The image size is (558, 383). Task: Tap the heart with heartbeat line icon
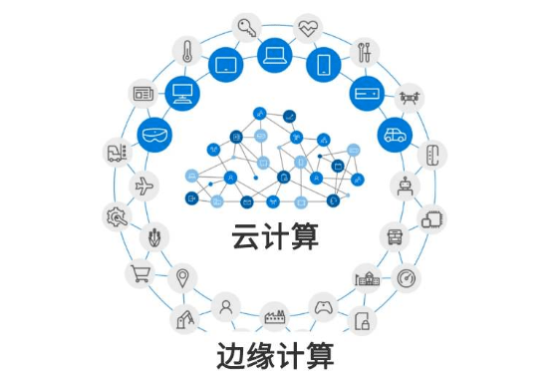point(309,26)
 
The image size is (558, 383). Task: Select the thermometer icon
point(186,50)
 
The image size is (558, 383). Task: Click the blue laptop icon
point(274,55)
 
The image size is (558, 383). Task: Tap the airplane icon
point(144,186)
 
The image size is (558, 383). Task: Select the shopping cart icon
point(138,272)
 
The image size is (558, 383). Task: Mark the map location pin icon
point(182,276)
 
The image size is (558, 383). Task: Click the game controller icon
point(323,305)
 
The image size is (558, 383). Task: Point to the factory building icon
point(273,316)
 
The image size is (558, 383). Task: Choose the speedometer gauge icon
point(408,276)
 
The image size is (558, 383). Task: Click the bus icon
point(396,236)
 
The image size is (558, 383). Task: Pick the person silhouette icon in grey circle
point(227,304)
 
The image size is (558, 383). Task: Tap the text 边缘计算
point(274,354)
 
